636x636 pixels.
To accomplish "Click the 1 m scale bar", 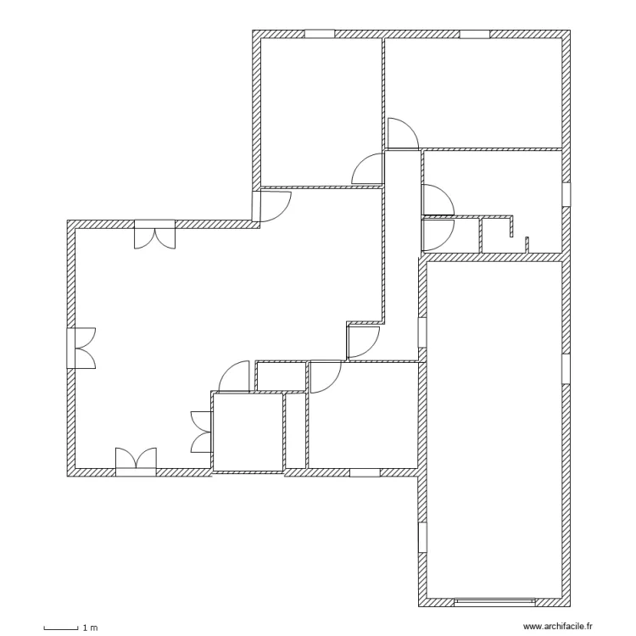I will [61, 628].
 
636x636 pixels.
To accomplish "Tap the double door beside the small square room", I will [203, 432].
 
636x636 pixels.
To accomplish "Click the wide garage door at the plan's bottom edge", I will [495, 602].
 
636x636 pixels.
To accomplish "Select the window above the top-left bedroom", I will [320, 35].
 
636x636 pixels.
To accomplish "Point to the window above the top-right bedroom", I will [474, 35].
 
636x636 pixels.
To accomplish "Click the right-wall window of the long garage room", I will [565, 370].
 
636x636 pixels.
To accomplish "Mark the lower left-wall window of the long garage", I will [421, 538].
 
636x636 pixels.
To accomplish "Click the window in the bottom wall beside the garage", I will [365, 471].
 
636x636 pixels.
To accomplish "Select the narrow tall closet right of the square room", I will [296, 430].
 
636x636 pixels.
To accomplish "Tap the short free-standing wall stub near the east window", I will [527, 245].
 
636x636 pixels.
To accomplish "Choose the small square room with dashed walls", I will [247, 432].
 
